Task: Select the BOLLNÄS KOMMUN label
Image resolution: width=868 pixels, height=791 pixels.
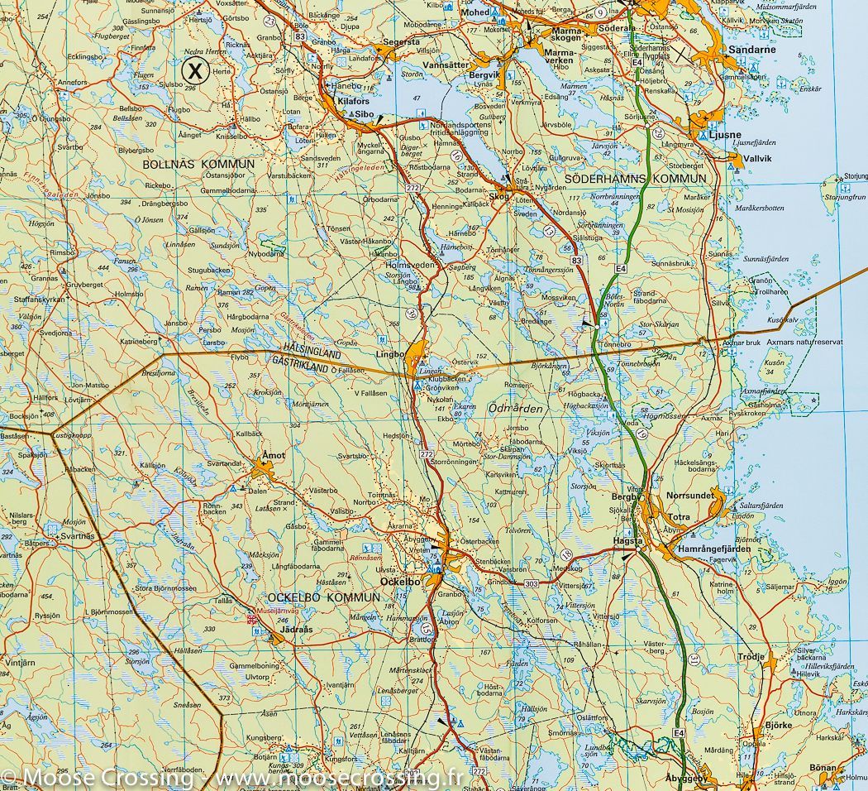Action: point(198,165)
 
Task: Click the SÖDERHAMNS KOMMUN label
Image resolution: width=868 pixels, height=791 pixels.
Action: point(636,179)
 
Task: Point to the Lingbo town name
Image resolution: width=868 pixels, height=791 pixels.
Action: point(389,354)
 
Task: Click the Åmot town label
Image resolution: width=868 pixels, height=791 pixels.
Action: point(272,455)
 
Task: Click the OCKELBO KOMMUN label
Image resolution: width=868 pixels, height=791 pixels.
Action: point(319,597)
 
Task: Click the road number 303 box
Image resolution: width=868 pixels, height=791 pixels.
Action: point(531,583)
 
